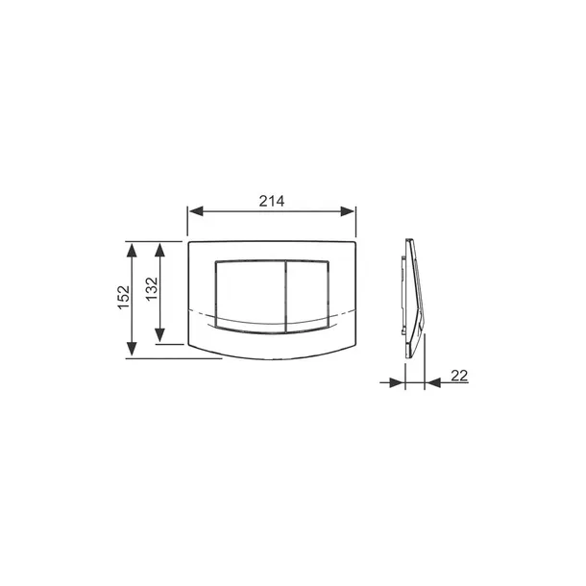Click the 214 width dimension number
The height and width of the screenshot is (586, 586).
[272, 201]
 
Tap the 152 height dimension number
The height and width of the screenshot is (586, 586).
[124, 297]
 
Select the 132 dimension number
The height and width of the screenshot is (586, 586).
[152, 289]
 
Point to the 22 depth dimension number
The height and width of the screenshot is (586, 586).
[459, 376]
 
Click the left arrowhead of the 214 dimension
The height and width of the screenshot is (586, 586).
[196, 211]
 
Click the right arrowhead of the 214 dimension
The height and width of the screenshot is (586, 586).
[347, 211]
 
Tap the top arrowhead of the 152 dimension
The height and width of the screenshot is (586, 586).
[132, 250]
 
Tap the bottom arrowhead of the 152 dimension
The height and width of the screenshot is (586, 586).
[132, 349]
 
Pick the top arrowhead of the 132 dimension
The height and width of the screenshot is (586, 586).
[160, 250]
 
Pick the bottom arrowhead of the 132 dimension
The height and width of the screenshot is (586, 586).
[160, 335]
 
